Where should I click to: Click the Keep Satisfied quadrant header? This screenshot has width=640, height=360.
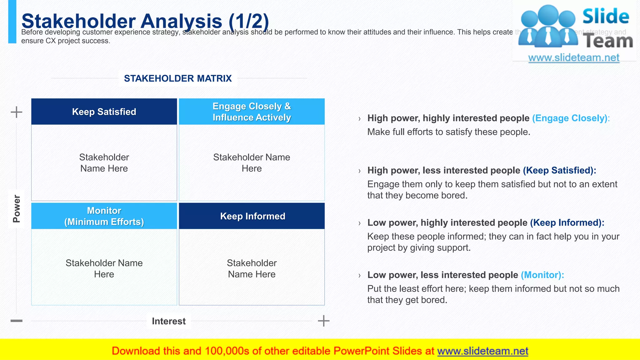tap(104, 112)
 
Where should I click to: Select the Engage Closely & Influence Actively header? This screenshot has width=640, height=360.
tap(252, 112)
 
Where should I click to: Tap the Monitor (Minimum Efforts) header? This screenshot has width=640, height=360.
tap(104, 216)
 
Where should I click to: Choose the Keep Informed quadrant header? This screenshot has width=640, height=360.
tap(252, 216)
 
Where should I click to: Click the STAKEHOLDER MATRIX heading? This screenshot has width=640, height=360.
tap(178, 78)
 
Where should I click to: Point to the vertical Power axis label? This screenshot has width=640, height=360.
tap(16, 208)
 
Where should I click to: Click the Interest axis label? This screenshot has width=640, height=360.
tap(169, 321)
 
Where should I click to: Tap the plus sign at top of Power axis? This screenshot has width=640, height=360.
tap(16, 112)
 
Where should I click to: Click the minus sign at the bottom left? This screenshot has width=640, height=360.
tap(16, 321)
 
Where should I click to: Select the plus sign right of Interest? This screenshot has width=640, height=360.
tap(323, 321)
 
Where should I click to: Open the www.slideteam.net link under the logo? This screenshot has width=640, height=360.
tap(574, 57)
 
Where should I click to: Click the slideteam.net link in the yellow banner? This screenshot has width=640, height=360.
tap(482, 351)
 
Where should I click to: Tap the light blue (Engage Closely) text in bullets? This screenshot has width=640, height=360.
tap(570, 118)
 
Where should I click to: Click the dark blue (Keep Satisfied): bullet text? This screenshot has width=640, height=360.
tap(559, 170)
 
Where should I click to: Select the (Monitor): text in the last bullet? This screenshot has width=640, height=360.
tap(542, 275)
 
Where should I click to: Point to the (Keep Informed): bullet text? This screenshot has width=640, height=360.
tap(567, 222)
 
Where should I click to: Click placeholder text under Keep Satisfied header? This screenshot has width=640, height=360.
tap(104, 163)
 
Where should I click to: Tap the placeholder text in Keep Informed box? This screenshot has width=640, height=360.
tap(252, 268)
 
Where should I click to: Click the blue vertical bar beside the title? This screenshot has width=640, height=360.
tap(12, 22)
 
